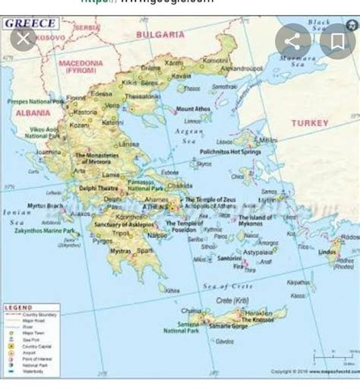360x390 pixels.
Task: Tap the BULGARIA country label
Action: click(160, 34)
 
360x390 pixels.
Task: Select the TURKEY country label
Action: click(310, 122)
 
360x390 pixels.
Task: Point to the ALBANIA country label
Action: click(33, 113)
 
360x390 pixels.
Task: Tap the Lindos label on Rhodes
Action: click(327, 252)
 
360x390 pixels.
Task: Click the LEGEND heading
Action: click(18, 307)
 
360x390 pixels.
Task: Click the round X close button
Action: click(24, 38)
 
